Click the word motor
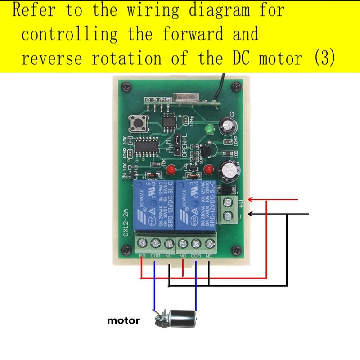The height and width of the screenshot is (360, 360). (123, 321)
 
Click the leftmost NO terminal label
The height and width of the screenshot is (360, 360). (143, 256)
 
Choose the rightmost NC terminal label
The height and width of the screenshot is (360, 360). (209, 256)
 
